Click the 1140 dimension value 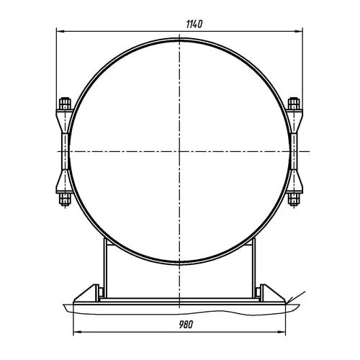tap(194, 24)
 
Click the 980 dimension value tap(186, 325)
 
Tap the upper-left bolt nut tap(65, 104)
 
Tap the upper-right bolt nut tap(294, 104)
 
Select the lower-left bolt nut tap(65, 199)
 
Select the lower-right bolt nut tap(294, 199)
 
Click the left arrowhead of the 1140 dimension tap(60, 31)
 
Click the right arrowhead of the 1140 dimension tap(299, 31)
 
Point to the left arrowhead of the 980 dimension tap(76, 332)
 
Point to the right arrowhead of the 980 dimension tap(282, 332)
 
